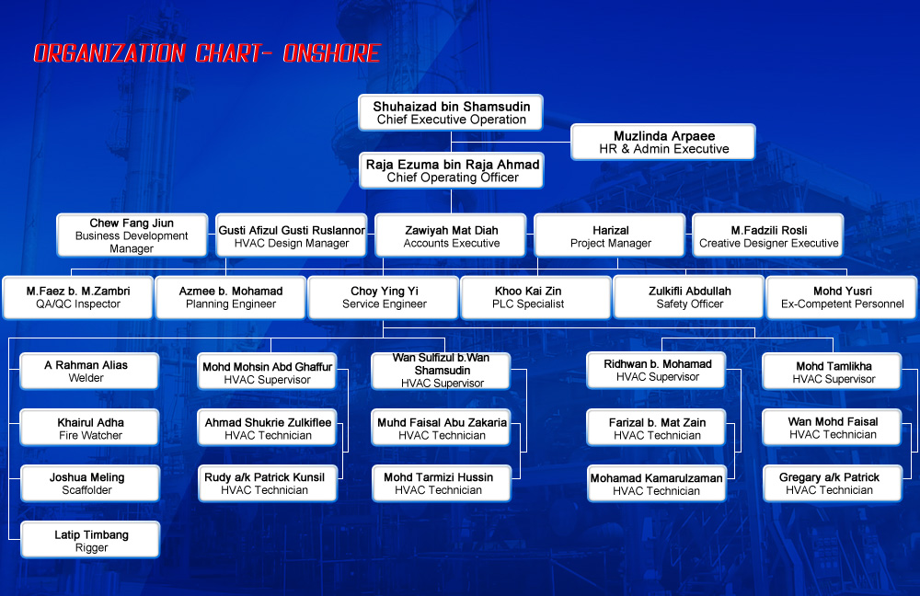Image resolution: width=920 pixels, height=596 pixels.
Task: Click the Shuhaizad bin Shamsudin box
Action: [451, 112]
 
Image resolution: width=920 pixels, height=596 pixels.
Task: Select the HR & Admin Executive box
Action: [663, 142]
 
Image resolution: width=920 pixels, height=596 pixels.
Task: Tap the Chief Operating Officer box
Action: [452, 171]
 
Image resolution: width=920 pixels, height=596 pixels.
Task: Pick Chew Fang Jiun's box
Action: [132, 235]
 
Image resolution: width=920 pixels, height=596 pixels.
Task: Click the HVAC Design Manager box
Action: [291, 235]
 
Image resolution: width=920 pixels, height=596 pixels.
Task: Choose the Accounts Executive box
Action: [451, 235]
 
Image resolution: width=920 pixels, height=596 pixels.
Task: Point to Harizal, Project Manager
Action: [610, 235]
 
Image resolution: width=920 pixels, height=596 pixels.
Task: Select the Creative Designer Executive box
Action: [768, 235]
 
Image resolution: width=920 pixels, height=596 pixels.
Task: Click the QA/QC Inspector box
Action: [78, 297]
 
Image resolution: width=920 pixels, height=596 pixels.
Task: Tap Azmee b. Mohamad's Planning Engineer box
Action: [231, 297]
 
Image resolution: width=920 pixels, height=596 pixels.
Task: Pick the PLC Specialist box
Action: [535, 297]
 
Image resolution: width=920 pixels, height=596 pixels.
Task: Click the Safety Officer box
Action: [689, 297]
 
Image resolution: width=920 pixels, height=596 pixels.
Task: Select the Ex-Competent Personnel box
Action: [842, 297]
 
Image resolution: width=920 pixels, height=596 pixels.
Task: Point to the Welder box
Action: [89, 372]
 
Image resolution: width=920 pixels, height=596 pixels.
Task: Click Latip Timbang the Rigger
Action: [90, 540]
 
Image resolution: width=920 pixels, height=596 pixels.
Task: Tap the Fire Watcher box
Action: [89, 428]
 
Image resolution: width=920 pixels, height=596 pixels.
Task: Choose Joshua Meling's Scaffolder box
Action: [90, 484]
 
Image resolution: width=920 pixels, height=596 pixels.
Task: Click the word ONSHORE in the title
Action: [331, 53]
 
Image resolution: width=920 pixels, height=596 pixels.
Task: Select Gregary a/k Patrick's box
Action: [832, 484]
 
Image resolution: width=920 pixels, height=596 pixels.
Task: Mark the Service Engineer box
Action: [383, 297]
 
